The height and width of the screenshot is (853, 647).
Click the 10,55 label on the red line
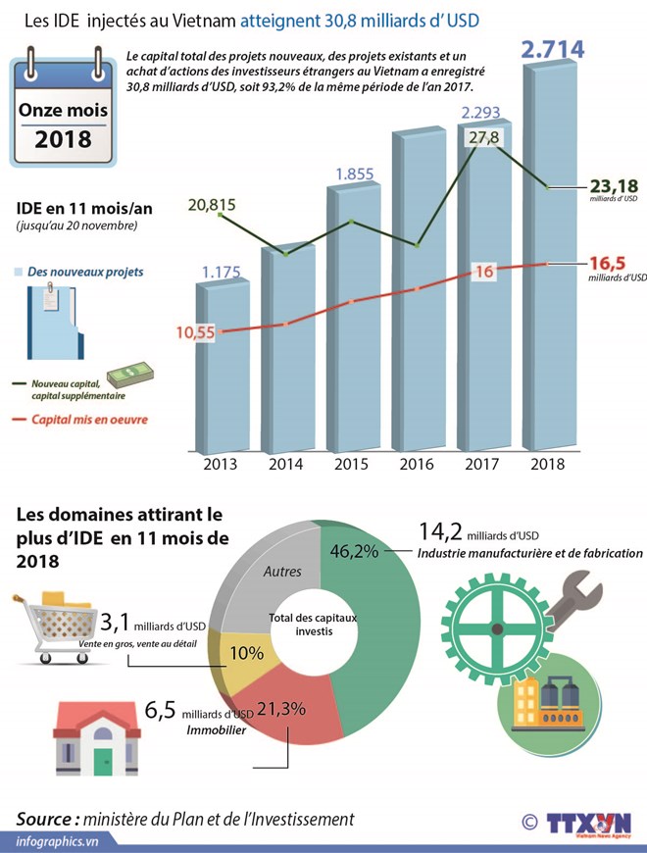click(x=195, y=332)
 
